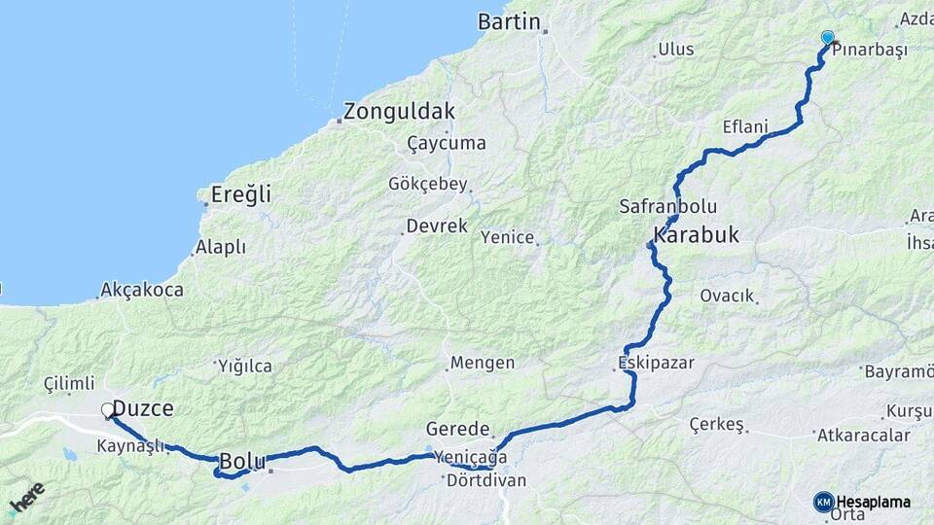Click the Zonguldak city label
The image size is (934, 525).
point(399,111)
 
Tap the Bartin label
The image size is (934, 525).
point(509,21)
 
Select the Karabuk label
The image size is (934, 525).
point(697,234)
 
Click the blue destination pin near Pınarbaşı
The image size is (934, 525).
point(827,38)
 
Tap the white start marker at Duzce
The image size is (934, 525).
point(108,410)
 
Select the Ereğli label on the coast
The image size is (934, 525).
point(241,194)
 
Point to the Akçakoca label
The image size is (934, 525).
point(135,290)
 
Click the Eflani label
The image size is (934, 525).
point(745,127)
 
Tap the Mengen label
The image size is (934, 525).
point(483,363)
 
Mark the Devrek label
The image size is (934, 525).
point(436,226)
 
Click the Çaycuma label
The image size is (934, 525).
point(447,143)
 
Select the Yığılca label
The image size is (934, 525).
point(244,366)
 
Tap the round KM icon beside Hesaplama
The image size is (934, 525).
point(823,502)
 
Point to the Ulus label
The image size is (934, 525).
point(676,49)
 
